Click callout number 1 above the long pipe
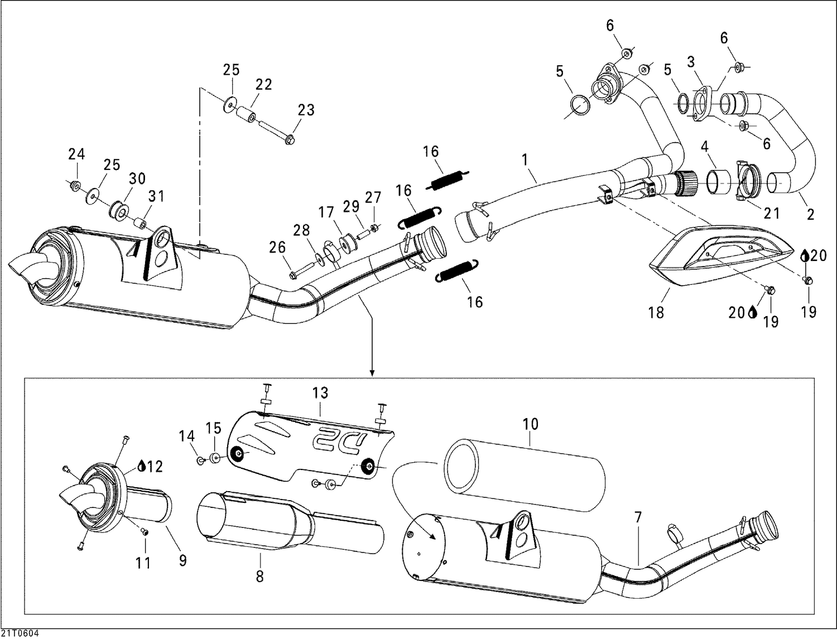(525, 160)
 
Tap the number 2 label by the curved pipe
(811, 214)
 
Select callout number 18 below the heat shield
(656, 313)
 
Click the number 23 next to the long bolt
(306, 110)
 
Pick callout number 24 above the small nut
(76, 154)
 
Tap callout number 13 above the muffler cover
(320, 393)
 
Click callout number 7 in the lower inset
(638, 518)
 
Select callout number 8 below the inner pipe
(259, 576)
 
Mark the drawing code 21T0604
(20, 634)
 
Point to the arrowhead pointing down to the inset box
(371, 371)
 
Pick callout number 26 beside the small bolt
(277, 247)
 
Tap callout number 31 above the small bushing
(157, 197)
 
